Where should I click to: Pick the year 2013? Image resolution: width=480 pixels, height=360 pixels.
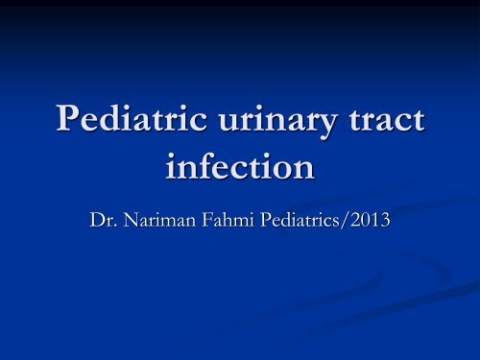coord(396,222)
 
